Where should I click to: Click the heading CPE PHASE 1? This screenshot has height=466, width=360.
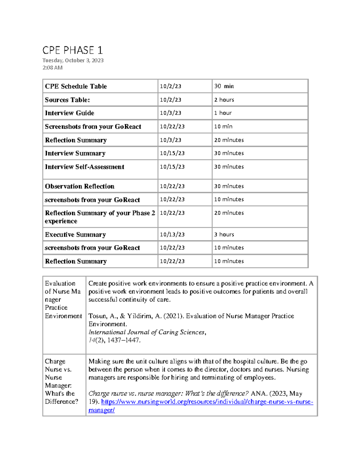tap(73, 50)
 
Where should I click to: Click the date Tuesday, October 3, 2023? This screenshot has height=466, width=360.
tap(73, 60)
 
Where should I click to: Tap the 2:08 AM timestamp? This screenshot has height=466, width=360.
tap(52, 68)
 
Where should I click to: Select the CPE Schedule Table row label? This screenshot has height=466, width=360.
tap(76, 86)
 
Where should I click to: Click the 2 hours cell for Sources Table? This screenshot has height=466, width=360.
tap(224, 100)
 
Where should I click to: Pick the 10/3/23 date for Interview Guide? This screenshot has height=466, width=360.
tap(170, 113)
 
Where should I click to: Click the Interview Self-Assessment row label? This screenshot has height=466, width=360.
tap(85, 167)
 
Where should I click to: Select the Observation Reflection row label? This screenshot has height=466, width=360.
tap(79, 186)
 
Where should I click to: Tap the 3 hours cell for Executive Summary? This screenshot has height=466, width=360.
tap(224, 235)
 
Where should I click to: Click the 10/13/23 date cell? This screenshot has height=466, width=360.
tap(172, 235)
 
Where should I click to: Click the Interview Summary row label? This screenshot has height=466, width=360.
tap(75, 153)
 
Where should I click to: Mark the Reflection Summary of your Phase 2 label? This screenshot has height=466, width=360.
tap(100, 217)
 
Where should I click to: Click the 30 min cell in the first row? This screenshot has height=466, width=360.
tap(224, 86)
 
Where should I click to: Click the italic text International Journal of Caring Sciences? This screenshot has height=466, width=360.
tap(146, 332)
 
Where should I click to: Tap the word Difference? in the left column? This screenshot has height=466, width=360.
tap(61, 401)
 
